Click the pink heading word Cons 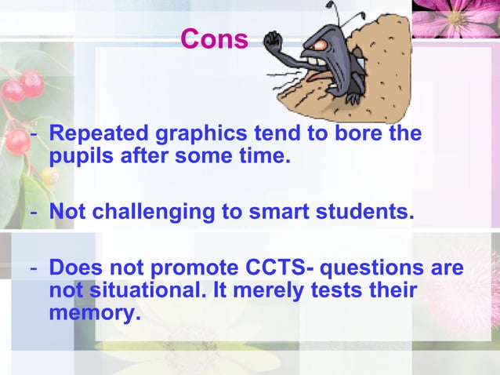214,38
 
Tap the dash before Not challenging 34,212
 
